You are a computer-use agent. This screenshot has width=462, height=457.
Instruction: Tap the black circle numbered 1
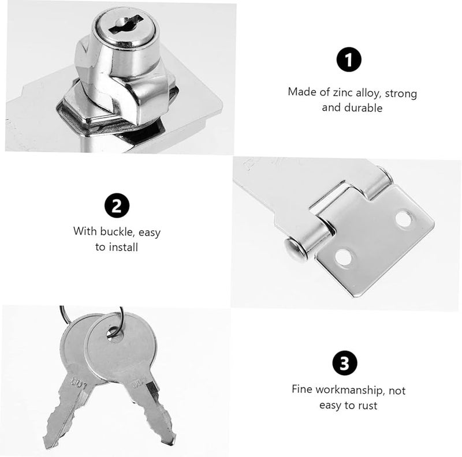tap(349, 60)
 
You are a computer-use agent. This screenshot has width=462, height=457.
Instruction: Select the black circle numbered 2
tap(117, 207)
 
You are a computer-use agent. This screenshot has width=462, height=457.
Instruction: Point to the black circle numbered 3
tap(345, 363)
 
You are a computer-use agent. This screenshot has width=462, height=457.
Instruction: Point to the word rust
tap(367, 406)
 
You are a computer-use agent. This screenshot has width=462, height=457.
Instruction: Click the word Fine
tap(303, 391)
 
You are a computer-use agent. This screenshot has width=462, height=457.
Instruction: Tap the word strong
tap(401, 92)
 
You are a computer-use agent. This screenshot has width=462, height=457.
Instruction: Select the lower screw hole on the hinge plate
tap(344, 257)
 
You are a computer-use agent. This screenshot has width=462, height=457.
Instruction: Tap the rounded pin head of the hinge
tap(295, 250)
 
